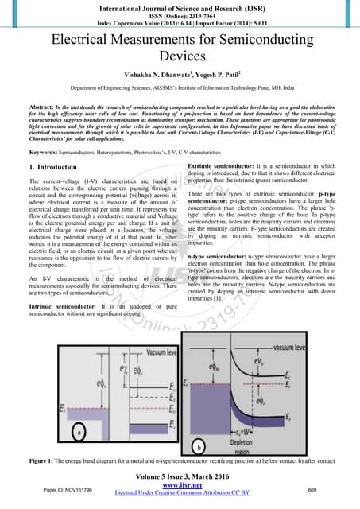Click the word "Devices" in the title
click(x=180, y=57)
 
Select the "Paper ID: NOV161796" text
click(x=68, y=489)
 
